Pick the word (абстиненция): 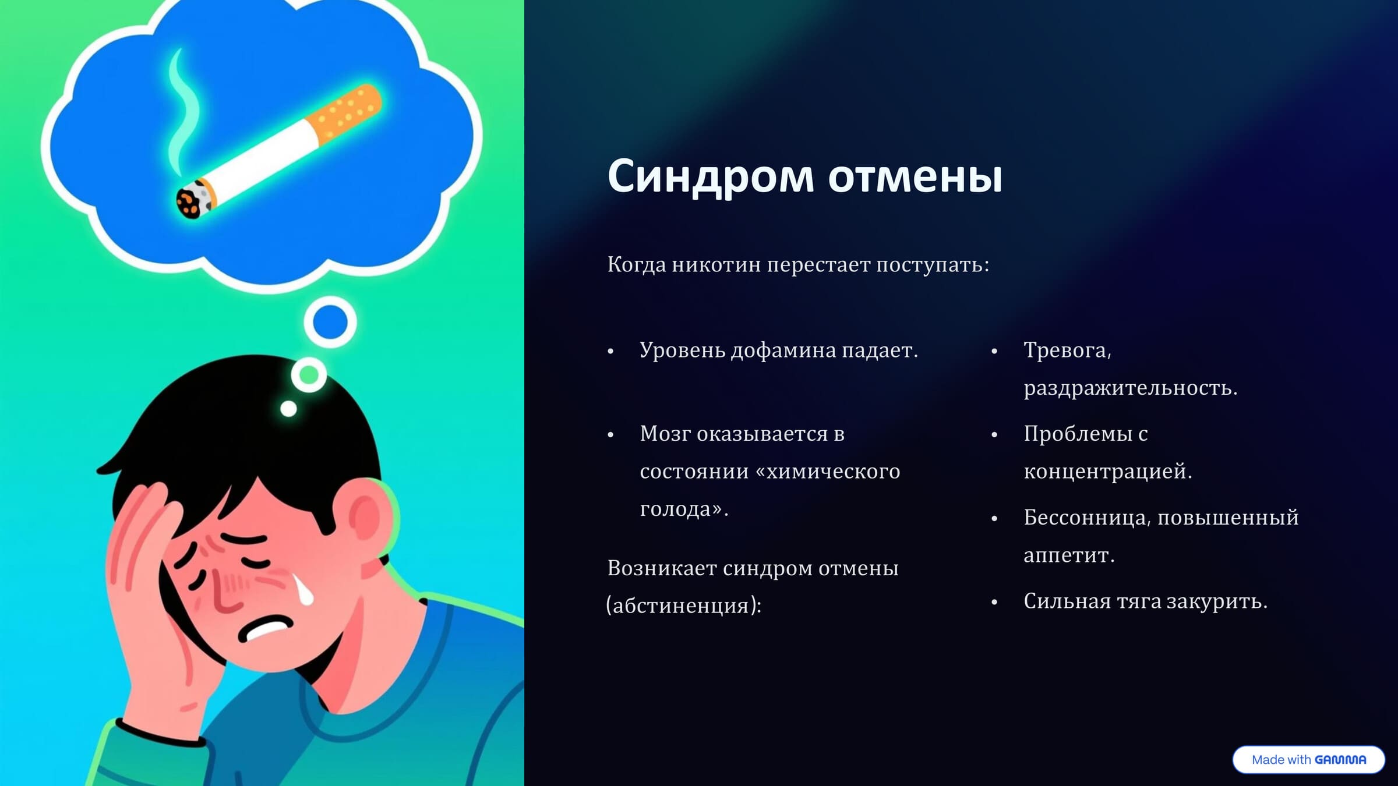click(684, 606)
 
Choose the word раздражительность click(1130, 388)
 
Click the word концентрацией click(1107, 472)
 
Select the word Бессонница click(1086, 518)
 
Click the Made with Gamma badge click(1308, 760)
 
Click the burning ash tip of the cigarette click(190, 201)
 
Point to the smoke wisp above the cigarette click(182, 111)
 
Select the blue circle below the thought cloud click(330, 322)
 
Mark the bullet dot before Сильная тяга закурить click(994, 603)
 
